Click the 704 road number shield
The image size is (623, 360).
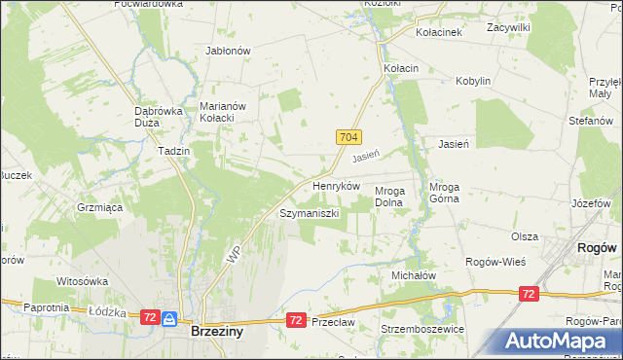(350, 139)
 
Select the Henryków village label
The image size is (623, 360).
(336, 185)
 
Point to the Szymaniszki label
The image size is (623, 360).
(309, 212)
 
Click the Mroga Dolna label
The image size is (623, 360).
(395, 197)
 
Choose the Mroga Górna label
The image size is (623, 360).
(450, 197)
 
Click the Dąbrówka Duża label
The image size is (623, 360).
(159, 117)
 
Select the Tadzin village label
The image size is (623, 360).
(173, 152)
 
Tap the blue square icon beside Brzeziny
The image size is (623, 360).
(169, 318)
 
